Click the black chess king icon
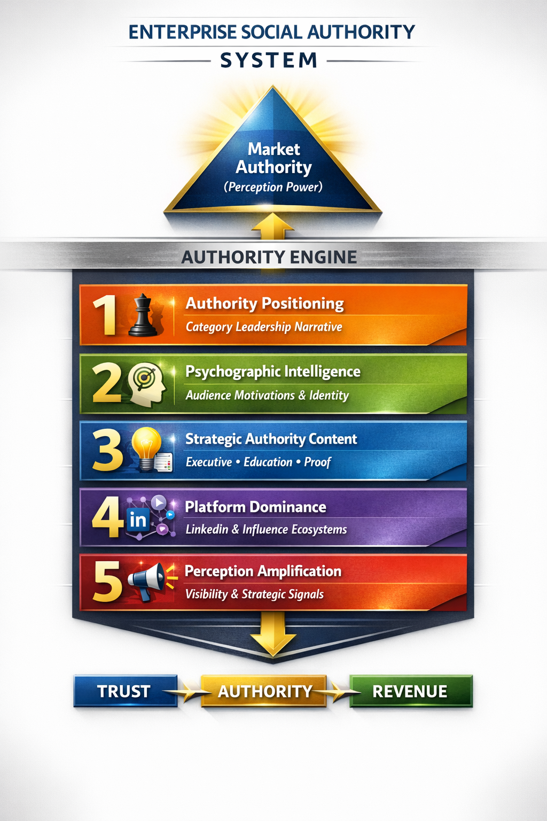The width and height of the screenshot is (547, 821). click(143, 316)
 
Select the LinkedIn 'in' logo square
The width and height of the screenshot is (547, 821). click(138, 519)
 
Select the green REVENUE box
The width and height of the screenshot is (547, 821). click(410, 691)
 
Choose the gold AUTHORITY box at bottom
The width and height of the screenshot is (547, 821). click(264, 691)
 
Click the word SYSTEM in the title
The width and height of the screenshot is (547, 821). click(269, 60)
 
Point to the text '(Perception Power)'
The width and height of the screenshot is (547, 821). click(273, 187)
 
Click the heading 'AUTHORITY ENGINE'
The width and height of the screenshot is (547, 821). click(269, 257)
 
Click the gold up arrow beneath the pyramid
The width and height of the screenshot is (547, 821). click(273, 226)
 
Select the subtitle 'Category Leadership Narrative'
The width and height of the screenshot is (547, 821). click(264, 327)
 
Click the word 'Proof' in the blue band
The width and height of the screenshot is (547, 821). click(318, 462)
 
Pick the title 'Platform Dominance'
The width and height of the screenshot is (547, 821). click(255, 507)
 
